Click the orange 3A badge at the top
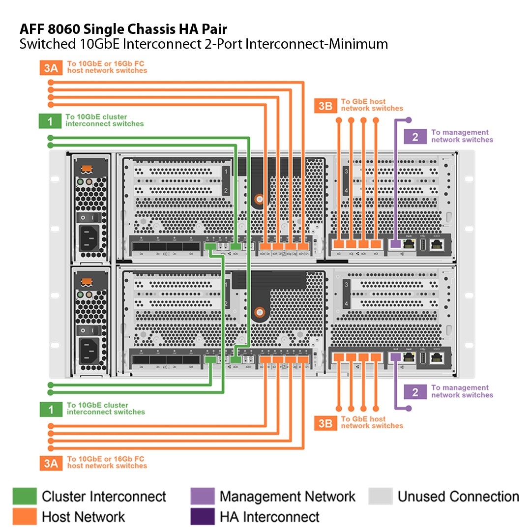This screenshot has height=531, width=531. (51, 67)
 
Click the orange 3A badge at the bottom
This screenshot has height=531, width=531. (51, 463)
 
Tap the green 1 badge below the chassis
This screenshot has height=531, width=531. (51, 409)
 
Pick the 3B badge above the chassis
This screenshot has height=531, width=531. (325, 105)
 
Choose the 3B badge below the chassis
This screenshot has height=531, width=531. (325, 422)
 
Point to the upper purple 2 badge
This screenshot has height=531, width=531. (415, 136)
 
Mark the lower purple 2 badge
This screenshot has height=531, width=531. (415, 391)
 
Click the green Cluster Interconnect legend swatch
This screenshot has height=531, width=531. (25, 497)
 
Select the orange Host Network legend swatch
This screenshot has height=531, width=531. (25, 517)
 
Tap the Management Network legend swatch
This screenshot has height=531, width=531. (203, 497)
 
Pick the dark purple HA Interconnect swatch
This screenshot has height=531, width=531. (203, 517)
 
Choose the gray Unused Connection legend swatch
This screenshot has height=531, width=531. (381, 497)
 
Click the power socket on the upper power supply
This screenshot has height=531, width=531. (89, 237)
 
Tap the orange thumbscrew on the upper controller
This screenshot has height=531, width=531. (259, 199)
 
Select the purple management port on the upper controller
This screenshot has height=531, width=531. (394, 243)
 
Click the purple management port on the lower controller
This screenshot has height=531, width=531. (394, 357)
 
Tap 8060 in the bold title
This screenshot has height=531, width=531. (61, 28)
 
